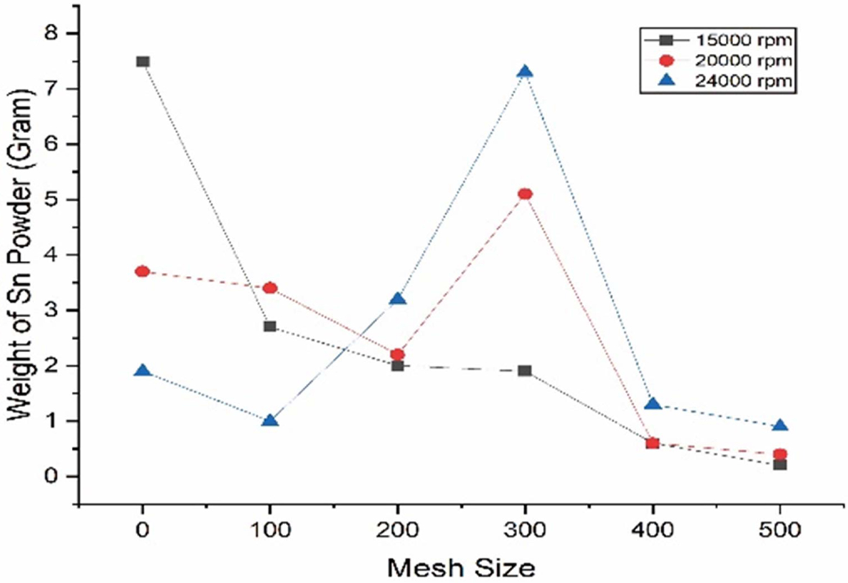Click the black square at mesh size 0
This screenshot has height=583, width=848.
click(x=143, y=62)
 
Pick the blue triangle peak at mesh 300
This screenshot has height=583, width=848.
click(x=525, y=72)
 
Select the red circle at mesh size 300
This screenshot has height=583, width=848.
click(x=525, y=194)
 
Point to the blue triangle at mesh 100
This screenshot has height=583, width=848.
click(x=270, y=421)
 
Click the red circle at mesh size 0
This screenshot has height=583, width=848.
click(x=143, y=272)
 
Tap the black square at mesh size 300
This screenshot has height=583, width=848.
click(x=525, y=371)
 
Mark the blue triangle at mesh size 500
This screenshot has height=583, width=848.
click(x=781, y=426)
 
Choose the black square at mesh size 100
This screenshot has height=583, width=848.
click(x=270, y=326)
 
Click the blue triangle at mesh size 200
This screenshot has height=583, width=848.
click(x=398, y=299)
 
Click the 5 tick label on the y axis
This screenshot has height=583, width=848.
click(x=53, y=200)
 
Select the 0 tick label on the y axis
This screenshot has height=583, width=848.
click(x=53, y=477)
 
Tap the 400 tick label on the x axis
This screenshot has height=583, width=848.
click(x=653, y=531)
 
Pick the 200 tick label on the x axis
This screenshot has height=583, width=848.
click(x=398, y=531)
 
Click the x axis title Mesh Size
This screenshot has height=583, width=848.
click(x=462, y=568)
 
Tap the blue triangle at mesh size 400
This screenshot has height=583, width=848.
click(x=653, y=404)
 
